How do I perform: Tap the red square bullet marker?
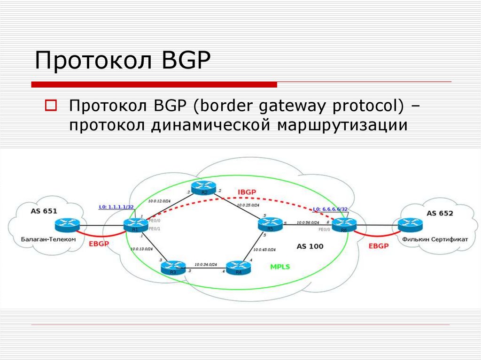pyautogui.click(x=51, y=105)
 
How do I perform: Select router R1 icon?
pyautogui.click(x=136, y=225)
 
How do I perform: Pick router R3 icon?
pyautogui.click(x=172, y=268)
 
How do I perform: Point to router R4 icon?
pyautogui.click(x=239, y=268)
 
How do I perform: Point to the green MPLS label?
pyautogui.click(x=280, y=267)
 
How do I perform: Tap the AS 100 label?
pyautogui.click(x=310, y=246)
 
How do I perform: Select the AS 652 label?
pyautogui.click(x=440, y=214)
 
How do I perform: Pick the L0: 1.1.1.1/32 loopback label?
pyautogui.click(x=116, y=207)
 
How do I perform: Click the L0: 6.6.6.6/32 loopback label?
pyautogui.click(x=330, y=209)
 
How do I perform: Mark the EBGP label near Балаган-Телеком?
pyautogui.click(x=98, y=244)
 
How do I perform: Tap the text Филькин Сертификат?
pyautogui.click(x=435, y=239)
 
